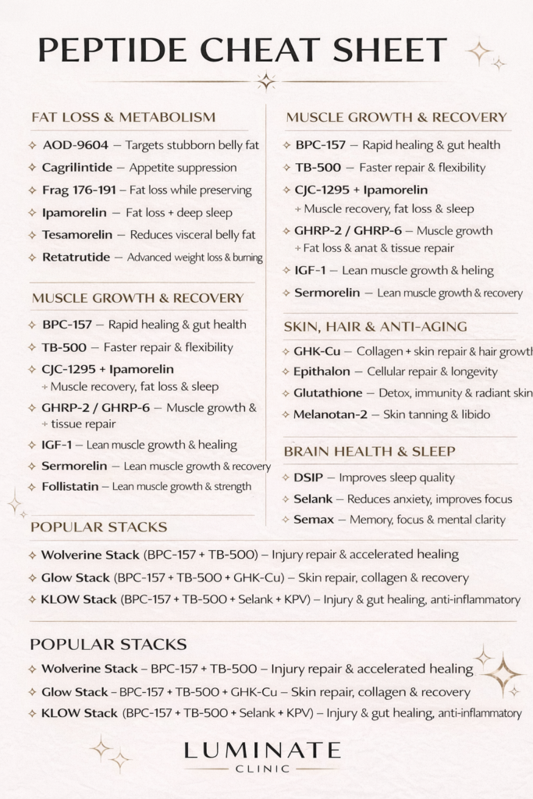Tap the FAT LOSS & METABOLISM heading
123,118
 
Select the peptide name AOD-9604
75,145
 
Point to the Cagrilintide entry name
83,168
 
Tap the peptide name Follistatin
70,486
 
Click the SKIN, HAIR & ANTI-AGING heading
375,327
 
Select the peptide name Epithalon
322,372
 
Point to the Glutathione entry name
328,393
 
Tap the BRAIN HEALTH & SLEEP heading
369,452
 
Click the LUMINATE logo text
262,751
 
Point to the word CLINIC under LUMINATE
262,769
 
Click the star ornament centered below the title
266,81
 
